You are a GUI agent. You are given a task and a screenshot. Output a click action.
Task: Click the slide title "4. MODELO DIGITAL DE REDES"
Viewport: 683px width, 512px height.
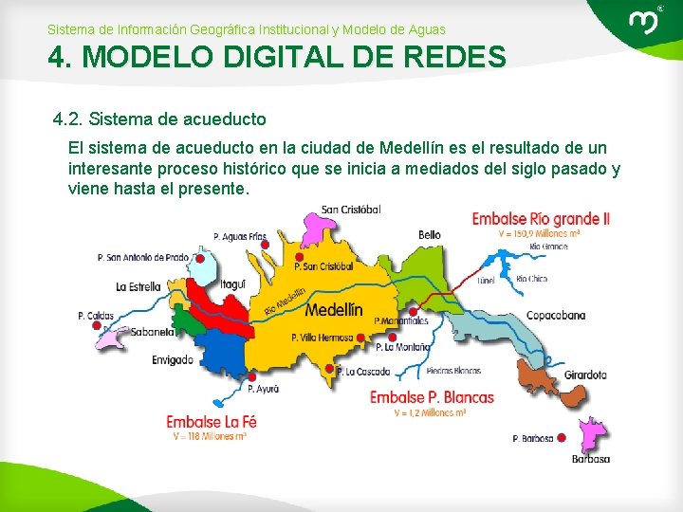pos(277,59)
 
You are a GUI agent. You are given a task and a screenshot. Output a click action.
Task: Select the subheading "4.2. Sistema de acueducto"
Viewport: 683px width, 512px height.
pos(159,119)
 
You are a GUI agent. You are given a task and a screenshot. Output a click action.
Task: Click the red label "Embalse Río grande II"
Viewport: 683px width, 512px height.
pos(541,219)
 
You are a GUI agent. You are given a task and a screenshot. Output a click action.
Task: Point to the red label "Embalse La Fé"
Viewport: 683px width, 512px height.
pos(211,422)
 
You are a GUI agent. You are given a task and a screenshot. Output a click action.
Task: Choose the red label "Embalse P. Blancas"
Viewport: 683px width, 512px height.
pos(432,397)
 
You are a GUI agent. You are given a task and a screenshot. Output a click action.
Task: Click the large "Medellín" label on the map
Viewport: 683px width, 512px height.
pos(334,310)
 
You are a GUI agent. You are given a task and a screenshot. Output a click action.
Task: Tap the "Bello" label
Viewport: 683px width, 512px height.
pos(429,234)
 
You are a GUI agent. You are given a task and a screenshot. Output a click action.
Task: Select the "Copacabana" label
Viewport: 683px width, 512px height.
pos(556,315)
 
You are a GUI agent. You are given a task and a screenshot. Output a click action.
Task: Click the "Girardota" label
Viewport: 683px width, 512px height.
pos(584,375)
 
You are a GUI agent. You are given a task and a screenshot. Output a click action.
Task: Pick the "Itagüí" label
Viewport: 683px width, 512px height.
pos(233,283)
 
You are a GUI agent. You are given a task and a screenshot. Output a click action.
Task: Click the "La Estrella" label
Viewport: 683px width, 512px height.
pos(138,285)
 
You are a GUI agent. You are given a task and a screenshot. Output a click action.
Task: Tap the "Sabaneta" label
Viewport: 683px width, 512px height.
pos(152,332)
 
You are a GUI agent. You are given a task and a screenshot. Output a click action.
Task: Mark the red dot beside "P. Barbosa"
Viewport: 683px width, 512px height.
pos(562,437)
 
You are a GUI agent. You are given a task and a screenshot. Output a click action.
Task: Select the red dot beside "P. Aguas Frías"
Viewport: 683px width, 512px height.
pos(265,245)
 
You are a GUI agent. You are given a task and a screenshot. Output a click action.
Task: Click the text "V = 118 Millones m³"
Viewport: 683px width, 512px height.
pos(210,437)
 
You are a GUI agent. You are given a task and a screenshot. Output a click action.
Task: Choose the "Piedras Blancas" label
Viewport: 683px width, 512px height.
pos(453,371)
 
